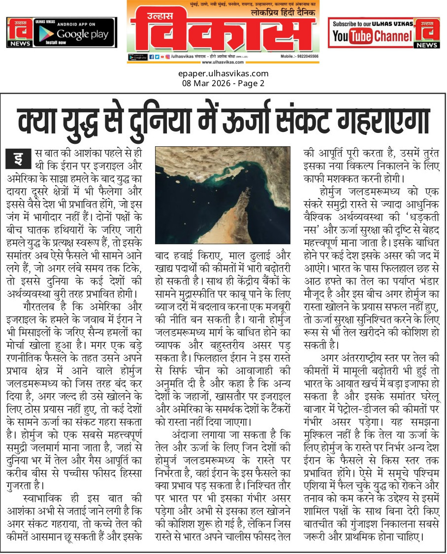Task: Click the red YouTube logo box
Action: click(x=352, y=36)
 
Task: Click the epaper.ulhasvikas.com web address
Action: click(x=223, y=74)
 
